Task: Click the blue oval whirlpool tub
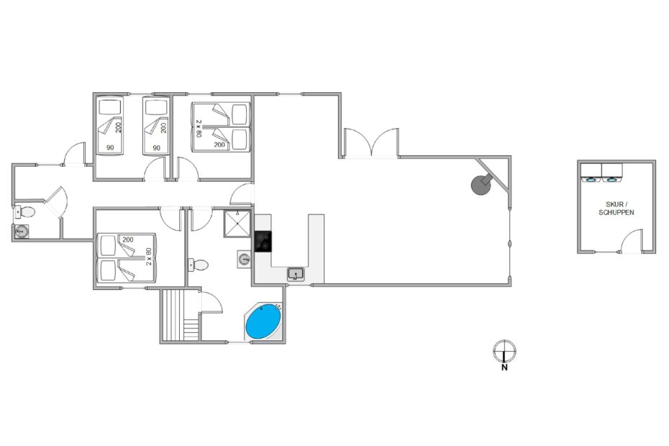tap(264, 322)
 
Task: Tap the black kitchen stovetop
tap(263, 242)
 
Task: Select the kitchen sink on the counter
tap(296, 273)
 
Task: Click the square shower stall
tap(237, 224)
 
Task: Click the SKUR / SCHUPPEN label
tap(616, 209)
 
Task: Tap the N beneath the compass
tap(504, 367)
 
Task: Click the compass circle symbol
tap(505, 351)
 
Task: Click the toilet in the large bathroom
tap(198, 265)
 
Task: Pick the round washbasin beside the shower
tap(244, 259)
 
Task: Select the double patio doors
tap(372, 142)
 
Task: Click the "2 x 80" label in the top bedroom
tap(198, 128)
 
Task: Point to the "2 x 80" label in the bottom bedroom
tap(149, 257)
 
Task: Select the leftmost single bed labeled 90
tap(110, 124)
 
